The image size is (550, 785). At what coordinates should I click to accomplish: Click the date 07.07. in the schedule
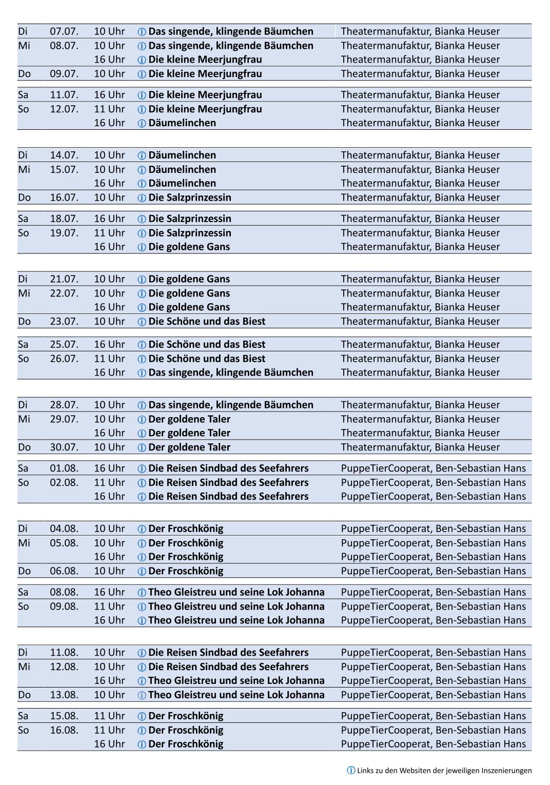pyautogui.click(x=64, y=31)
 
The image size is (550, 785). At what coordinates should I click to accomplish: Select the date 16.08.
pyautogui.click(x=64, y=730)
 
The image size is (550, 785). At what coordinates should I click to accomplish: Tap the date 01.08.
pyautogui.click(x=64, y=468)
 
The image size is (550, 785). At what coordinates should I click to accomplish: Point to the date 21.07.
pyautogui.click(x=64, y=279)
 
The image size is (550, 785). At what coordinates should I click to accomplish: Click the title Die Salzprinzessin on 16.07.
pyautogui.click(x=190, y=198)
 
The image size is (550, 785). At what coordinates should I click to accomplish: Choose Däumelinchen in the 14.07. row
pyautogui.click(x=182, y=155)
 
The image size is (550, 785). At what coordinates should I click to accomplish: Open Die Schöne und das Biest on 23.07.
pyautogui.click(x=207, y=322)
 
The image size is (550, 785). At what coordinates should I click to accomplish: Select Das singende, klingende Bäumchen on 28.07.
pyautogui.click(x=231, y=405)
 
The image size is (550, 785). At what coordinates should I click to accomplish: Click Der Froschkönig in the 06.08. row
pyautogui.click(x=186, y=571)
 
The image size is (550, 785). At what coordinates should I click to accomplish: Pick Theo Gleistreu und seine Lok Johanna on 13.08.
pyautogui.click(x=237, y=695)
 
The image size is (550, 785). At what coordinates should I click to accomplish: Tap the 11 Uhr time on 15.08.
pyautogui.click(x=109, y=716)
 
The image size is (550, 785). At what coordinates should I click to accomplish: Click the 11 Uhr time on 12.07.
pyautogui.click(x=109, y=109)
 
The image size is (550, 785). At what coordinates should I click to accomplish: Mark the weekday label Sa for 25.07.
pyautogui.click(x=23, y=345)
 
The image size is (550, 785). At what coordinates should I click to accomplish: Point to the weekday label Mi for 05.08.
pyautogui.click(x=24, y=543)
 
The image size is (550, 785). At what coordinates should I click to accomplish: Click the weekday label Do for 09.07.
pyautogui.click(x=25, y=74)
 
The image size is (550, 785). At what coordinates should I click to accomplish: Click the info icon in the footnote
pyautogui.click(x=351, y=770)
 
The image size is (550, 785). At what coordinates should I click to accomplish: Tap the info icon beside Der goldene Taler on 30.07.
pyautogui.click(x=142, y=448)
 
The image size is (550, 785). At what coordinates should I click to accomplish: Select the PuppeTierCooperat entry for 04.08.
pyautogui.click(x=433, y=529)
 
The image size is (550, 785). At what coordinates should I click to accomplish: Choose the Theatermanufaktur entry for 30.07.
pyautogui.click(x=420, y=447)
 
